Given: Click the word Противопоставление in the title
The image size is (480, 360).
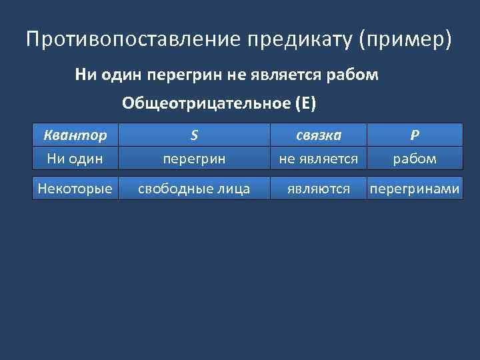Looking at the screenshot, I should click(134, 39).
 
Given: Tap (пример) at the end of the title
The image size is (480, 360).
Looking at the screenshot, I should click(405, 39).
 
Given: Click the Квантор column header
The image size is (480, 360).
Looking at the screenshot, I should click(74, 135).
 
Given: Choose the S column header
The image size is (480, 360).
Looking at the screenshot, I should click(193, 135).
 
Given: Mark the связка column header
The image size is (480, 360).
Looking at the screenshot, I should click(319, 135).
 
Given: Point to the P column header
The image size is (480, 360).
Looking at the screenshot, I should click(415, 135).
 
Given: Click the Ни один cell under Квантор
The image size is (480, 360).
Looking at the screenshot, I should click(74, 159).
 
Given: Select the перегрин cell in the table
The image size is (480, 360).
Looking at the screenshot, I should click(193, 159).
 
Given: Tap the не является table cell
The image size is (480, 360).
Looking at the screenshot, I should click(319, 159).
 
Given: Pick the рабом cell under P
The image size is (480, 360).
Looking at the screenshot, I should click(415, 159).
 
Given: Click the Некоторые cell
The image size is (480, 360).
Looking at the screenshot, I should click(74, 189).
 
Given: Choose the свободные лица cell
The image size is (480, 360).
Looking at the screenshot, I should click(193, 189).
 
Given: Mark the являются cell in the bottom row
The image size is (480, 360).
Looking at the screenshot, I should click(319, 189).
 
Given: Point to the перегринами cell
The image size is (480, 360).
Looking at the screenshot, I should click(415, 189).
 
